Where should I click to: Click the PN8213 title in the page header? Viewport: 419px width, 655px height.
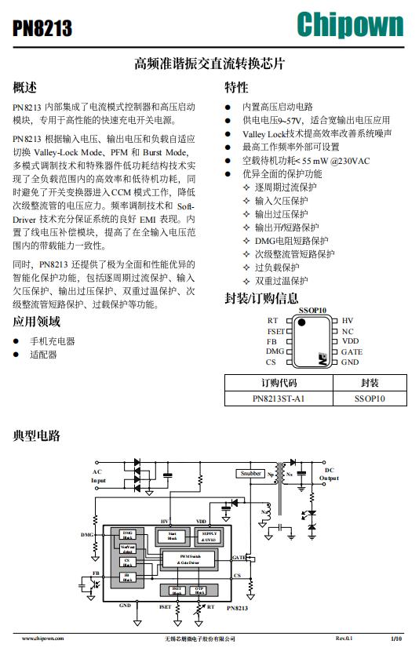click(x=43, y=29)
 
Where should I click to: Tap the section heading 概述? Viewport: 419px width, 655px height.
click(x=25, y=87)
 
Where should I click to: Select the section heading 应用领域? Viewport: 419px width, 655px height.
click(x=37, y=321)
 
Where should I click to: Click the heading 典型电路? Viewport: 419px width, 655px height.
click(x=37, y=435)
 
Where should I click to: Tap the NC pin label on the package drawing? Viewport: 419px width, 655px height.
click(x=347, y=332)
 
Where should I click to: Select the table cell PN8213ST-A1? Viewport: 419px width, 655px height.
click(x=278, y=398)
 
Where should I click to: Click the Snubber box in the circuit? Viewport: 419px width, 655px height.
click(x=251, y=473)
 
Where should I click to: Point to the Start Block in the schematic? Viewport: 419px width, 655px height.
click(x=173, y=537)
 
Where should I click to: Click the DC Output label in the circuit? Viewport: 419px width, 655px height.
click(x=329, y=474)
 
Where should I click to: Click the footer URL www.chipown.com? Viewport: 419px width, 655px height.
click(x=43, y=639)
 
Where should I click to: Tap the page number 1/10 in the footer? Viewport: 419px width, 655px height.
click(x=395, y=639)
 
